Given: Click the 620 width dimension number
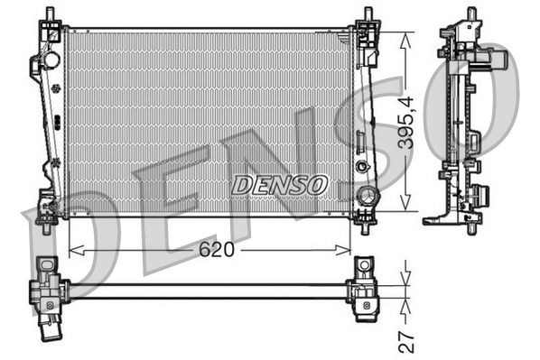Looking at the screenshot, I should [x=217, y=249].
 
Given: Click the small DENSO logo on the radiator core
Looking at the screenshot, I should [x=278, y=184].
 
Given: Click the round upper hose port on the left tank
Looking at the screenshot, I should [x=51, y=60].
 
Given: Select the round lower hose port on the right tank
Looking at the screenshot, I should [x=368, y=196].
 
